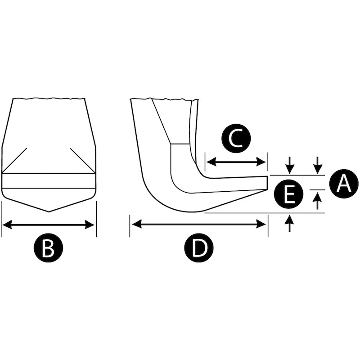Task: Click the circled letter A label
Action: (344, 183)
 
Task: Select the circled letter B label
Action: (48, 247)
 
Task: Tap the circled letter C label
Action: (236, 139)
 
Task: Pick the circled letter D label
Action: (199, 247)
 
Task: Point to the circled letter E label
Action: (288, 194)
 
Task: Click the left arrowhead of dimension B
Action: (7, 225)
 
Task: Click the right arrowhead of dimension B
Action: (90, 225)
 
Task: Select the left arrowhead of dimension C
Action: (211, 162)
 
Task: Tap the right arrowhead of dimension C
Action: (261, 162)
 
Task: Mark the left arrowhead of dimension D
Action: (137, 224)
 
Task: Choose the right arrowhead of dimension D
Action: (261, 224)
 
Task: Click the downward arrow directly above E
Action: (290, 165)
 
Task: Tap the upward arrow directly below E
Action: (290, 223)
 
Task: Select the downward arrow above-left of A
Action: (318, 165)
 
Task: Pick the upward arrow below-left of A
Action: (318, 201)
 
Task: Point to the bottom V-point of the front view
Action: (49, 211)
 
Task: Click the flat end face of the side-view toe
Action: (267, 183)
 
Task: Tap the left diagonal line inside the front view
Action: (15, 160)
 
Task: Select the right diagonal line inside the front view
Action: (83, 161)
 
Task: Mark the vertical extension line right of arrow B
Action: (96, 219)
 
